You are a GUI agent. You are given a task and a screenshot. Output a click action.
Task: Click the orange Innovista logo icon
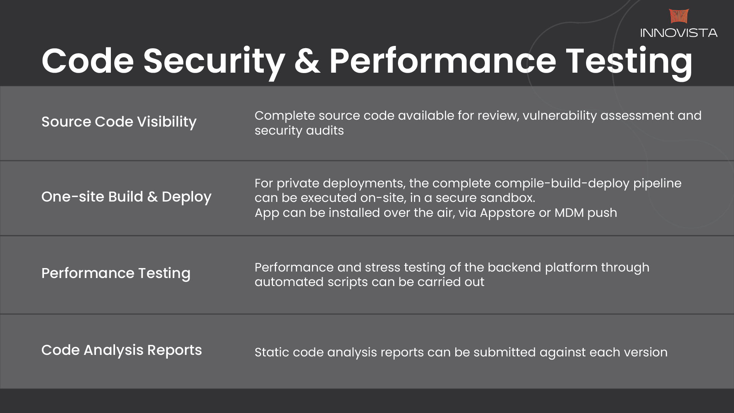(x=679, y=16)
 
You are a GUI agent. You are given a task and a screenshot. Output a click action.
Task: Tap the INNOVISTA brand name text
(x=679, y=33)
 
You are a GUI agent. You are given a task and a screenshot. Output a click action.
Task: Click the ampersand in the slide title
(x=307, y=61)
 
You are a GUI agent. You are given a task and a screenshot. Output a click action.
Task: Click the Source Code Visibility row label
(x=119, y=122)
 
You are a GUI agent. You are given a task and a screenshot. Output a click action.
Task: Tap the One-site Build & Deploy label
(x=126, y=197)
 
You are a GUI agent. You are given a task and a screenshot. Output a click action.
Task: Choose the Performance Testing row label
(x=116, y=273)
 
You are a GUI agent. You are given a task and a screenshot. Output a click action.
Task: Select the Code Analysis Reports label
(x=122, y=350)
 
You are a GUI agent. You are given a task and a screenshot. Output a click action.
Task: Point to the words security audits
(x=299, y=131)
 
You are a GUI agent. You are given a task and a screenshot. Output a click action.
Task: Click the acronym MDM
(x=569, y=213)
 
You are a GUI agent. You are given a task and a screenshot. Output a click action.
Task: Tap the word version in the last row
(x=646, y=352)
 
